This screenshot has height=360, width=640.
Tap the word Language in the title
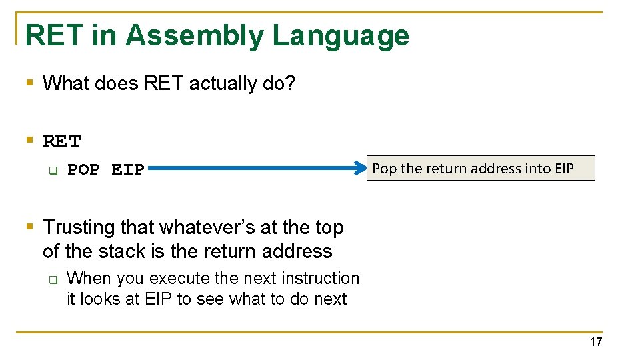pyautogui.click(x=341, y=36)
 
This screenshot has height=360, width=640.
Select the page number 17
pyautogui.click(x=595, y=342)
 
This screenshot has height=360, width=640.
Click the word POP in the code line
pyautogui.click(x=83, y=170)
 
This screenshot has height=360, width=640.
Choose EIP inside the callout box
pyautogui.click(x=564, y=169)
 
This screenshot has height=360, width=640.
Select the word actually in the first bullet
pyautogui.click(x=223, y=84)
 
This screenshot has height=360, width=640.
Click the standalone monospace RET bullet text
pyautogui.click(x=61, y=141)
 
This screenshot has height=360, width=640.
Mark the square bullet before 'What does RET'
pyautogui.click(x=29, y=83)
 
